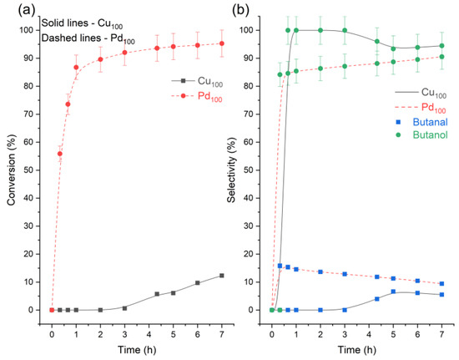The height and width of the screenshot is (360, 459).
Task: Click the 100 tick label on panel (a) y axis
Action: click(x=33, y=30)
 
